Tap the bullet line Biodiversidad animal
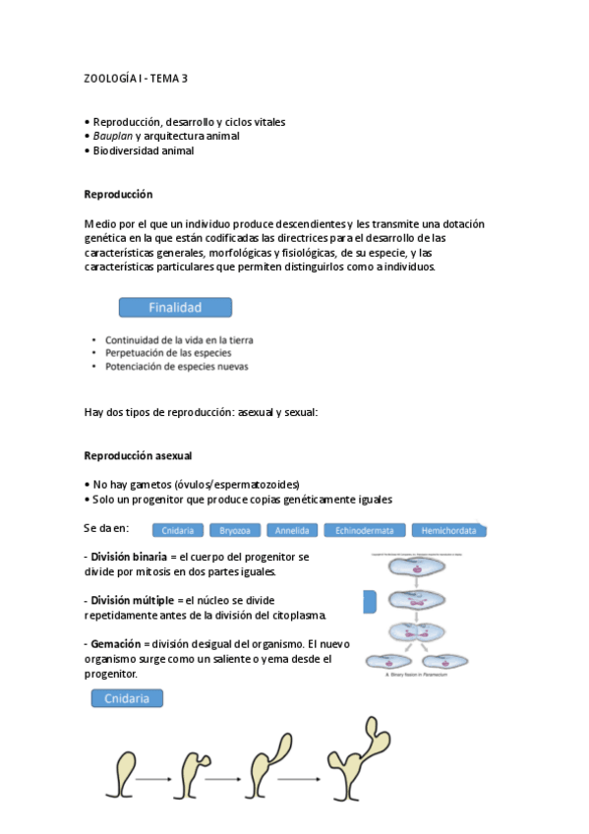(x=143, y=151)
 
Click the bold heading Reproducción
(x=118, y=195)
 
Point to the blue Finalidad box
(x=175, y=308)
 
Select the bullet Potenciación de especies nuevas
(x=177, y=367)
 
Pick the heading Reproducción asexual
(x=138, y=456)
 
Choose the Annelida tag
(x=291, y=530)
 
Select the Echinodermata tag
(x=364, y=530)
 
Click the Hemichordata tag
(x=448, y=530)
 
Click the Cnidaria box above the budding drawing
(x=127, y=699)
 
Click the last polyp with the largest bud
(x=360, y=761)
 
